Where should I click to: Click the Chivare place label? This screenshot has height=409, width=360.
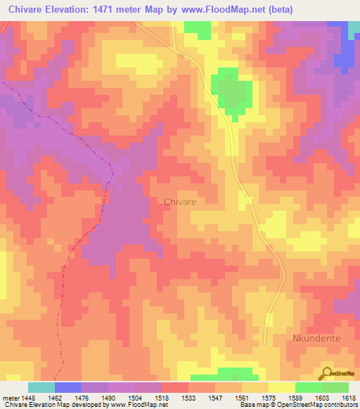(179, 201)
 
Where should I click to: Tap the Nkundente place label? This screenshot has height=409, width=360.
(316, 338)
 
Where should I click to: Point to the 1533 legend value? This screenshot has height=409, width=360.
(190, 398)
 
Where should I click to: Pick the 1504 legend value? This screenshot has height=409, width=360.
(136, 398)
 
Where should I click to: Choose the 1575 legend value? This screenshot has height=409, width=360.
(269, 398)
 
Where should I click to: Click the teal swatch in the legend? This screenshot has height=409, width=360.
(41, 387)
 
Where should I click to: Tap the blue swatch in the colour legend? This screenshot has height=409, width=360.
(67, 387)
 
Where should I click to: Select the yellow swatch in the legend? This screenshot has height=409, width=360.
(281, 387)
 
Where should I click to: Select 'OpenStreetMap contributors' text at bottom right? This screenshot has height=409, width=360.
(319, 405)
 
